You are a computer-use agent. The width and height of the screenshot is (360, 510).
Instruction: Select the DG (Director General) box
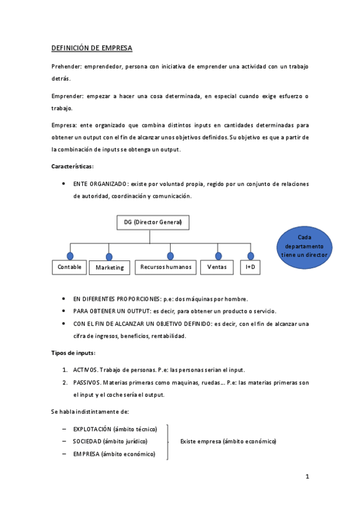pyautogui.click(x=153, y=222)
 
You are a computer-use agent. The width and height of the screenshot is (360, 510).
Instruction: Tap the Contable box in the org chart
pyautogui.click(x=70, y=266)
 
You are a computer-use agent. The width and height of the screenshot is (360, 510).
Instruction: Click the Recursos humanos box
pyautogui.click(x=165, y=266)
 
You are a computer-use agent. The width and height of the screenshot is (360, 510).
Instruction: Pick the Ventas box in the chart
pyautogui.click(x=216, y=266)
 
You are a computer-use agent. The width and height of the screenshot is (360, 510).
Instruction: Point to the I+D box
pyautogui.click(x=250, y=266)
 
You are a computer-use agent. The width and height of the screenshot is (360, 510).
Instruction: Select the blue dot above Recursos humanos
pyautogui.click(x=171, y=256)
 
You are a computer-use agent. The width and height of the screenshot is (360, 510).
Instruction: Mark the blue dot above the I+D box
pyautogui.click(x=251, y=256)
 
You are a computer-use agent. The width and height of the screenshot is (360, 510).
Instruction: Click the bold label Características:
pyautogui.click(x=72, y=167)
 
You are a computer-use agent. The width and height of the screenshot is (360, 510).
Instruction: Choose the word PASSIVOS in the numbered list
pyautogui.click(x=87, y=382)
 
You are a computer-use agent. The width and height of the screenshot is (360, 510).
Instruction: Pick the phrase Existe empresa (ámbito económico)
pyautogui.click(x=228, y=441)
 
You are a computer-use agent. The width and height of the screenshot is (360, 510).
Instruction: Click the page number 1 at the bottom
pyautogui.click(x=307, y=477)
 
